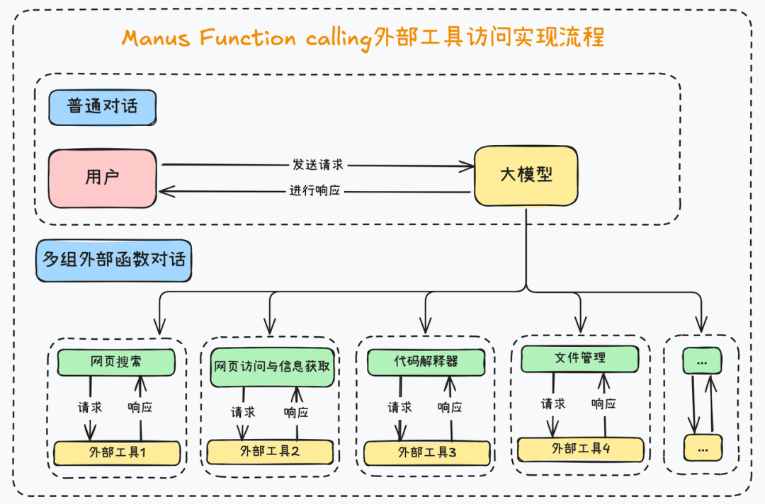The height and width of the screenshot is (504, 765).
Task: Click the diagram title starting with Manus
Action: click(x=363, y=37)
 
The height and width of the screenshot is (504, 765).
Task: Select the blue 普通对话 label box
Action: click(x=103, y=108)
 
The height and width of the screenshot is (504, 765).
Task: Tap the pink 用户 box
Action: click(x=103, y=177)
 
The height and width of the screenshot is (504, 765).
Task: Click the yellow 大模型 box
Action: click(x=526, y=175)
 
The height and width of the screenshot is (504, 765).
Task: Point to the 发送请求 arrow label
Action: click(x=317, y=164)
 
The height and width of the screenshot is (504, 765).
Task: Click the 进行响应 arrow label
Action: click(x=314, y=191)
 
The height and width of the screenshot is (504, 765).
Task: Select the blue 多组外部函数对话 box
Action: click(x=113, y=260)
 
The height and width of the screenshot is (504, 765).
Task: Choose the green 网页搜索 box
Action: click(x=115, y=362)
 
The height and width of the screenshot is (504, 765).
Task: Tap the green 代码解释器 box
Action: click(x=426, y=361)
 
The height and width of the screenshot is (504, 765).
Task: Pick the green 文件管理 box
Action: click(x=579, y=358)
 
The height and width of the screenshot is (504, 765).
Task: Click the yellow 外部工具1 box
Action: click(x=117, y=452)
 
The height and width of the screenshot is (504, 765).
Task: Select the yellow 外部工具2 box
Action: click(x=270, y=451)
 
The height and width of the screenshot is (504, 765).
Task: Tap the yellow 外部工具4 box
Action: click(x=580, y=449)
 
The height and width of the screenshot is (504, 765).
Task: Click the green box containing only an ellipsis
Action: click(x=702, y=361)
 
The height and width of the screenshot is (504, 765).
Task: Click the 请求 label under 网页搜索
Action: click(x=90, y=407)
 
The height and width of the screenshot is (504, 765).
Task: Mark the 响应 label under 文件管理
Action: click(x=603, y=403)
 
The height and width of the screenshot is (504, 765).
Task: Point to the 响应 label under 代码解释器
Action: click(x=450, y=407)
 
